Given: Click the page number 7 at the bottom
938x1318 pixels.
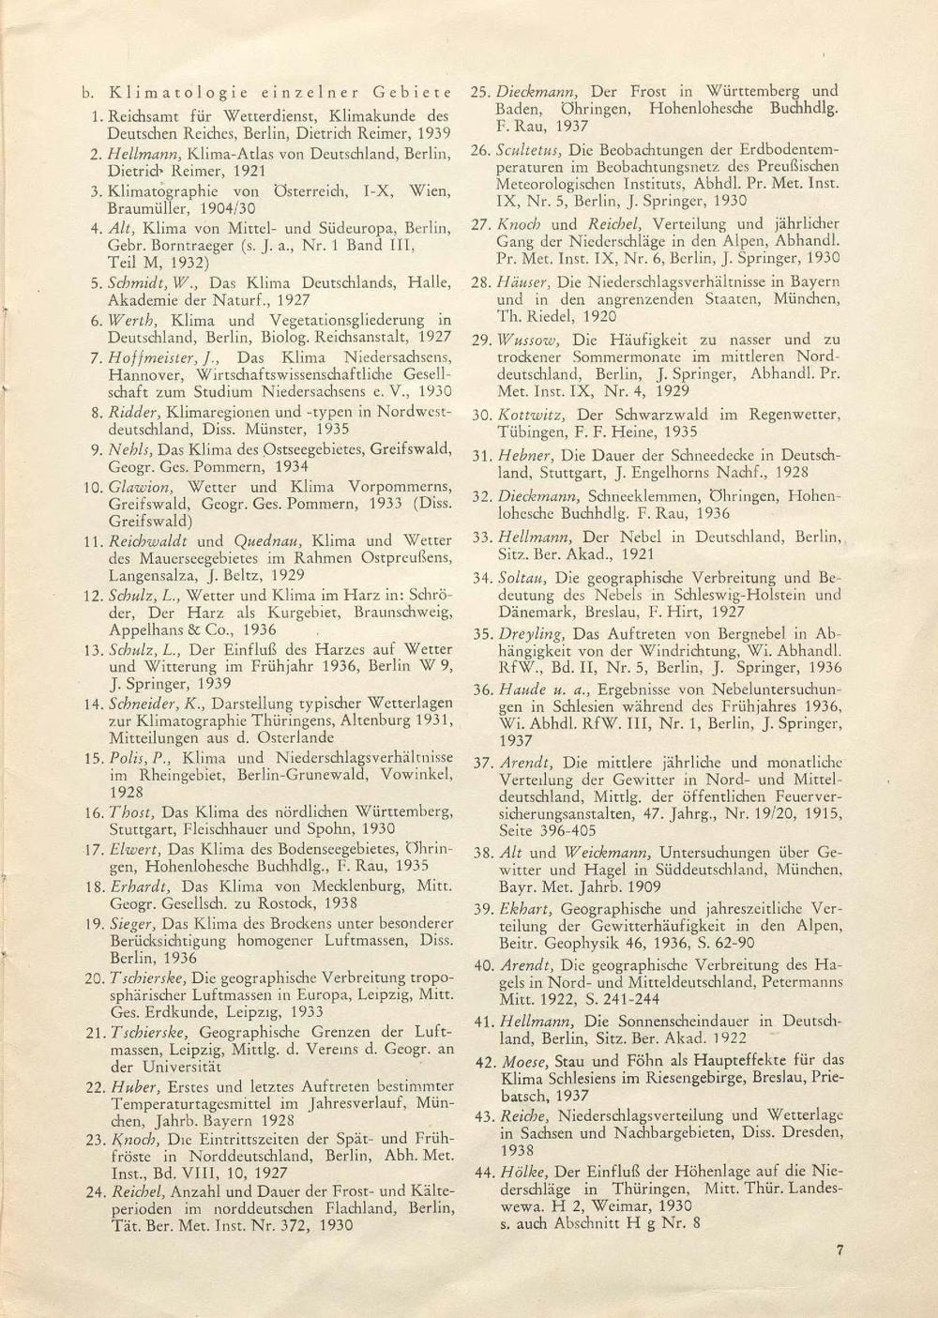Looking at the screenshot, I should click(840, 1249).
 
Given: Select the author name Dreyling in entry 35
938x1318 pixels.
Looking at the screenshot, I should click(530, 633).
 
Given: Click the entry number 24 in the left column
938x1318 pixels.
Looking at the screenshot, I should click(94, 1191).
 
